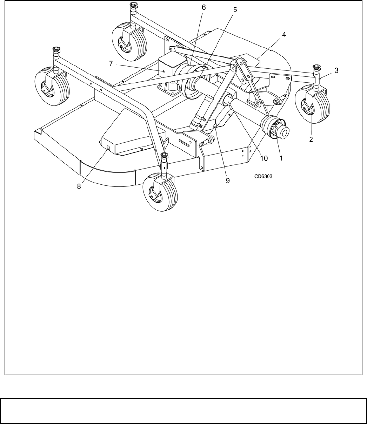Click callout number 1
[281, 158]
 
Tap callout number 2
[311, 139]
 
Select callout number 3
[336, 70]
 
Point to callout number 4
[284, 35]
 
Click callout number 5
[235, 10]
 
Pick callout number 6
[204, 7]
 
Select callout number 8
[79, 186]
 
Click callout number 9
[228, 180]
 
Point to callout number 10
[263, 158]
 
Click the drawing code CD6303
[263, 177]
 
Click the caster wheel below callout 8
[160, 192]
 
